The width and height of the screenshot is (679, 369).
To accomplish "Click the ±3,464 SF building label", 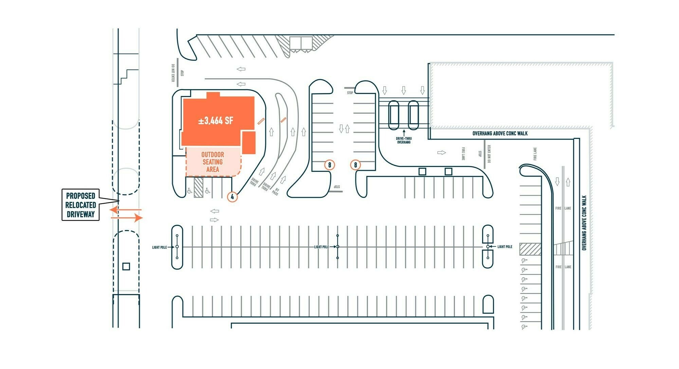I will pyautogui.click(x=216, y=121).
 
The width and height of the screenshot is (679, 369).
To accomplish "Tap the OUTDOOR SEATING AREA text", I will pyautogui.click(x=213, y=162).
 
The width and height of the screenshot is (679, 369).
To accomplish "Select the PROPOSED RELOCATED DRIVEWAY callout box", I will pyautogui.click(x=80, y=205).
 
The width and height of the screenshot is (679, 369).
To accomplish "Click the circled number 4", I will pyautogui.click(x=233, y=197).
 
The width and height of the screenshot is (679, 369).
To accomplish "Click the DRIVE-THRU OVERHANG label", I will pyautogui.click(x=404, y=140).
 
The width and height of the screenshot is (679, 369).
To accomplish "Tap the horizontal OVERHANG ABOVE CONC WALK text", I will pyautogui.click(x=500, y=133).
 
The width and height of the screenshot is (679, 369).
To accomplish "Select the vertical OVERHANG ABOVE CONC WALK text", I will pyautogui.click(x=584, y=223).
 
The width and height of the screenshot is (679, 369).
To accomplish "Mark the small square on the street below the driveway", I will pyautogui.click(x=126, y=266).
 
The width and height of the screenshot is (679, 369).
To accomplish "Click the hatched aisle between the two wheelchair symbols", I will pyautogui.click(x=198, y=186).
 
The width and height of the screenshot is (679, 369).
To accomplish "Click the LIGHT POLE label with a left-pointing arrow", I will pyautogui.click(x=504, y=247).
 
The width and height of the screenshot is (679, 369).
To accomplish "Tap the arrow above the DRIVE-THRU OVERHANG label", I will pyautogui.click(x=404, y=133).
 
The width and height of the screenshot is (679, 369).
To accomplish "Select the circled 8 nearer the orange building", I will pyautogui.click(x=329, y=165).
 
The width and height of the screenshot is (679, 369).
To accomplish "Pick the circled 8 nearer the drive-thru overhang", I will pyautogui.click(x=355, y=165).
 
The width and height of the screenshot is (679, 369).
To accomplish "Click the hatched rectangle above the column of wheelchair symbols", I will pyautogui.click(x=530, y=249).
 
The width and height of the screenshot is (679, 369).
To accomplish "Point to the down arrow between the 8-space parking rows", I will pyautogui.click(x=341, y=129).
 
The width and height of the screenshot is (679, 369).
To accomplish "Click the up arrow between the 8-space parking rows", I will pyautogui.click(x=347, y=129).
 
